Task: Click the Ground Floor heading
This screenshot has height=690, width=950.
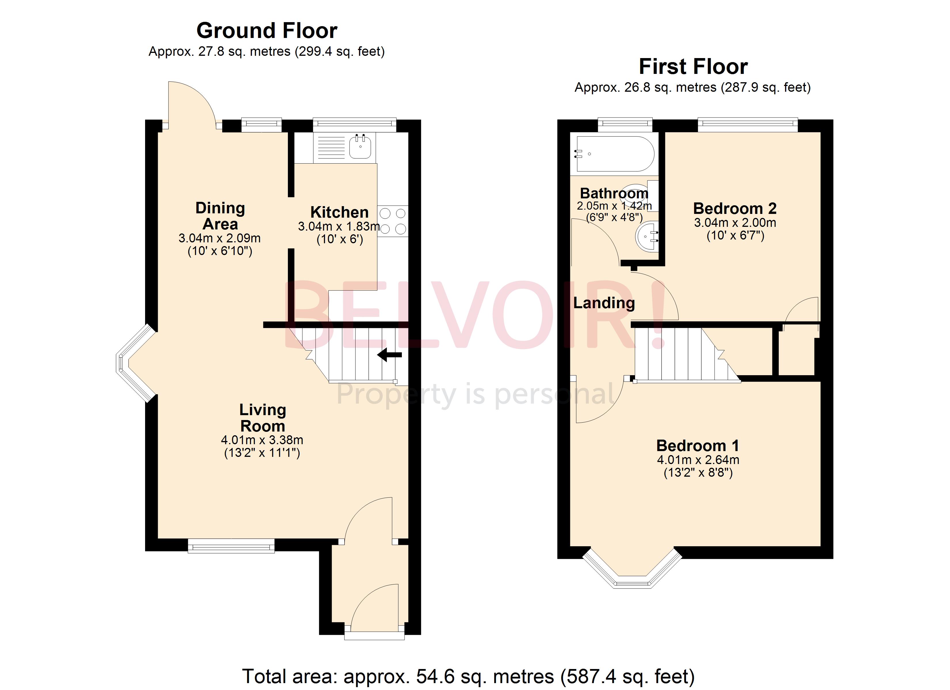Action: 267,30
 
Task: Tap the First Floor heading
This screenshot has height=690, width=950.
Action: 693,66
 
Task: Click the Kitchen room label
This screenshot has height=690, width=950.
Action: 339,212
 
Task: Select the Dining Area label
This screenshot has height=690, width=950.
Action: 220,216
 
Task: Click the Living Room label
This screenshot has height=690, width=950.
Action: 263,418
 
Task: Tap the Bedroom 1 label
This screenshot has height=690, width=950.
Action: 698,446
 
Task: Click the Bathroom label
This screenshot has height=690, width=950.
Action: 614,193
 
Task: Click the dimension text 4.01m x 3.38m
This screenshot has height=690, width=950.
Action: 262,440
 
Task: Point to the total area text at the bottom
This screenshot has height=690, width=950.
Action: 469,676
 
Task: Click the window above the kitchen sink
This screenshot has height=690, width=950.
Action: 354,123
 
